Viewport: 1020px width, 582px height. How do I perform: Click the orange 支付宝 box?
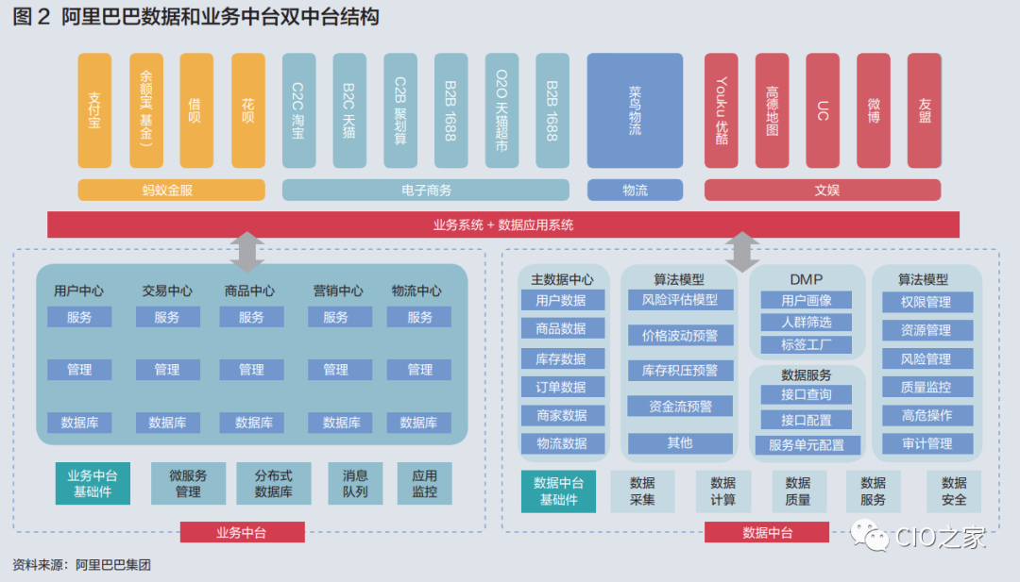94,110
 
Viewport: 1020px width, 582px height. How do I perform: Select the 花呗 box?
247,110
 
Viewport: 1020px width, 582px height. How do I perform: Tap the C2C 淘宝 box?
298,110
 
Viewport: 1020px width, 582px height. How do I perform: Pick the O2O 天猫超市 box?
502,110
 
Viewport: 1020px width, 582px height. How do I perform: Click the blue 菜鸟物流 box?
635,110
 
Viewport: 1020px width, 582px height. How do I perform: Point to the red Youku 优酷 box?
722,110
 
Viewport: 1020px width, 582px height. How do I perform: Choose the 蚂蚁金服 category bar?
167,190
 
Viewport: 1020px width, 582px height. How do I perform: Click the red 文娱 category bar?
822,190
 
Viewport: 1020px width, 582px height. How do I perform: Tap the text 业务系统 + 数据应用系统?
503,224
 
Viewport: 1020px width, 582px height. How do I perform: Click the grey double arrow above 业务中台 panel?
246,252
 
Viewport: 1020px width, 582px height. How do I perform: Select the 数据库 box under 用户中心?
79,423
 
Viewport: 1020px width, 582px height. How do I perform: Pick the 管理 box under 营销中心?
335,370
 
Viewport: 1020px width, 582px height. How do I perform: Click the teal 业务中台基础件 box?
93,483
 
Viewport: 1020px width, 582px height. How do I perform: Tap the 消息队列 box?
355,483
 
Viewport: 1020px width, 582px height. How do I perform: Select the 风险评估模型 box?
680,300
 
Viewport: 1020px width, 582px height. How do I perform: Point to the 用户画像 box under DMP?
807,301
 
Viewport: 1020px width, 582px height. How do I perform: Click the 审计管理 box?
926,443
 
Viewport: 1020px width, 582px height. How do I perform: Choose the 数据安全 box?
954,491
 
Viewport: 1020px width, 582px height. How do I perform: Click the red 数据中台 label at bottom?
767,533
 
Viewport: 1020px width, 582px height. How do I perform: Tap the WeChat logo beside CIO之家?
869,536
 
